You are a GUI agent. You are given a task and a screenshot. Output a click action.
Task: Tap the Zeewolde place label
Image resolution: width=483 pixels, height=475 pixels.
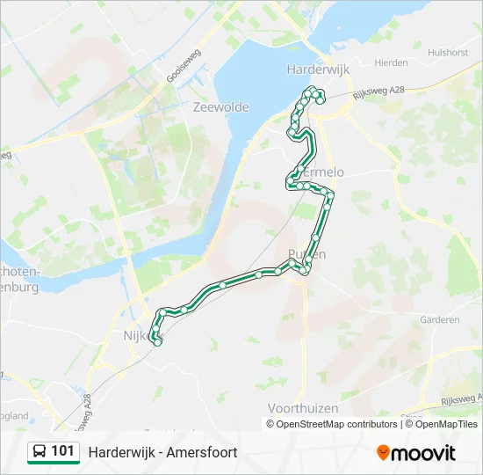[x=220, y=107]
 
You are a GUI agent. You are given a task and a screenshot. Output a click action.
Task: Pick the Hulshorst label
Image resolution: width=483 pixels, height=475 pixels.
[x=448, y=53]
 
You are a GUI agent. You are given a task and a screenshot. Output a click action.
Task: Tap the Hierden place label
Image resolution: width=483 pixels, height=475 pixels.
[x=391, y=63]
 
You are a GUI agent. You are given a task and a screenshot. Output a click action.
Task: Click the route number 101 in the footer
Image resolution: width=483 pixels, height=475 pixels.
[x=62, y=451]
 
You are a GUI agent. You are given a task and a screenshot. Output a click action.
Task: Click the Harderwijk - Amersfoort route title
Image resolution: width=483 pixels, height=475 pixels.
[x=162, y=452]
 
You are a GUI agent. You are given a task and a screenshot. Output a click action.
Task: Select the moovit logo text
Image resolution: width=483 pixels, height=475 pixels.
[x=424, y=453]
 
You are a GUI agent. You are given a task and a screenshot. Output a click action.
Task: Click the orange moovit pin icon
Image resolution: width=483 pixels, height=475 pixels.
[x=384, y=453]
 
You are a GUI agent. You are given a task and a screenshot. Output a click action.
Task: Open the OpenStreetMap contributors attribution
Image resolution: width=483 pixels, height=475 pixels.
[x=335, y=424]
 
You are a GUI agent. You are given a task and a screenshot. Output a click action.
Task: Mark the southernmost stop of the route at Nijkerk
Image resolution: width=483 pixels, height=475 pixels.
[x=157, y=343]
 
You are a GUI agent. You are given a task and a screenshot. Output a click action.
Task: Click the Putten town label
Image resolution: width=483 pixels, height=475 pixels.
[x=307, y=254]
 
